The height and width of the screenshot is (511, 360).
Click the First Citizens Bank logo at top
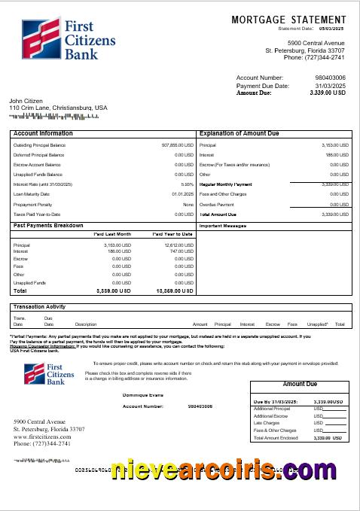point(60,39)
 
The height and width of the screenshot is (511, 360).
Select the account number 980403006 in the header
point(330,78)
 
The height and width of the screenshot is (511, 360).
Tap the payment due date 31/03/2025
point(330,86)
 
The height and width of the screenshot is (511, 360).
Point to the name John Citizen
point(26,101)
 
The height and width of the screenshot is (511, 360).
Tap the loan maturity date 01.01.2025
point(182,194)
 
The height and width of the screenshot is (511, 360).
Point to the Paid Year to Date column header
point(172,234)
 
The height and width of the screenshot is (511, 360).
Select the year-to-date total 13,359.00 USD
point(174,290)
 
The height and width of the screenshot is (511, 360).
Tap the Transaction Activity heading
point(39,307)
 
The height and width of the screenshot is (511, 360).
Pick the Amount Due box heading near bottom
point(299,384)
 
